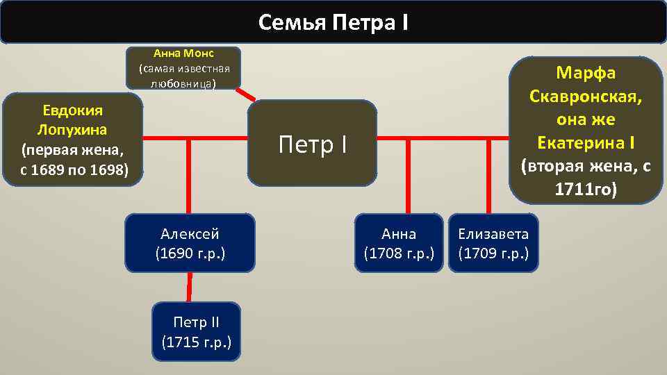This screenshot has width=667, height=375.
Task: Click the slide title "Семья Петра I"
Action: tap(333, 23)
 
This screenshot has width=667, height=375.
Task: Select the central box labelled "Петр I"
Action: tap(312, 144)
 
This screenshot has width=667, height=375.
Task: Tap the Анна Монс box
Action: tap(183, 68)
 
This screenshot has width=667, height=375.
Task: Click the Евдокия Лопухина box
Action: tap(73, 140)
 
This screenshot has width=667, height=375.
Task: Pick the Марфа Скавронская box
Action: tap(586, 131)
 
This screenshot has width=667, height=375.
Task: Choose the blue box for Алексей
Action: tap(190, 242)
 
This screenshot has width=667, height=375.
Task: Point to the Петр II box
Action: tap(196, 331)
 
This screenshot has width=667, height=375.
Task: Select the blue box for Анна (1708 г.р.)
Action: tap(399, 242)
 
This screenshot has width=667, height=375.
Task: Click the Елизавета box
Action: tap(493, 242)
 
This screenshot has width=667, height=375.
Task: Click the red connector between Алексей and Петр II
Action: tap(190, 287)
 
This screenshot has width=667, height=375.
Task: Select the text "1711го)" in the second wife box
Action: tap(586, 189)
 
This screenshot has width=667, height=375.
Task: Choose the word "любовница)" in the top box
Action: tap(183, 83)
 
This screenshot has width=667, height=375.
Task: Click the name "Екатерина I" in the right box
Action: tap(586, 142)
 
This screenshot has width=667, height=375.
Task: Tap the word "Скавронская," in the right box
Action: tap(586, 96)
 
